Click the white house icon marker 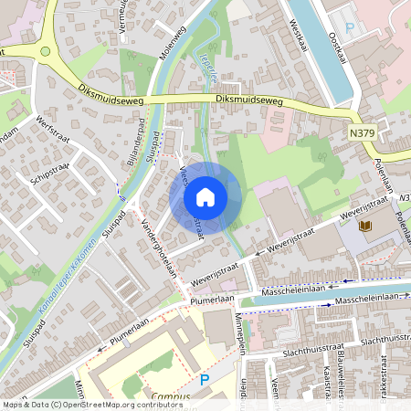tap(205, 196)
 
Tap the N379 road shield tap(362, 132)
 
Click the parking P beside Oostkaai tap(349, 28)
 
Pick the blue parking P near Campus tap(205, 379)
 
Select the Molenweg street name tap(173, 42)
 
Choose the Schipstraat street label tap(49, 174)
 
